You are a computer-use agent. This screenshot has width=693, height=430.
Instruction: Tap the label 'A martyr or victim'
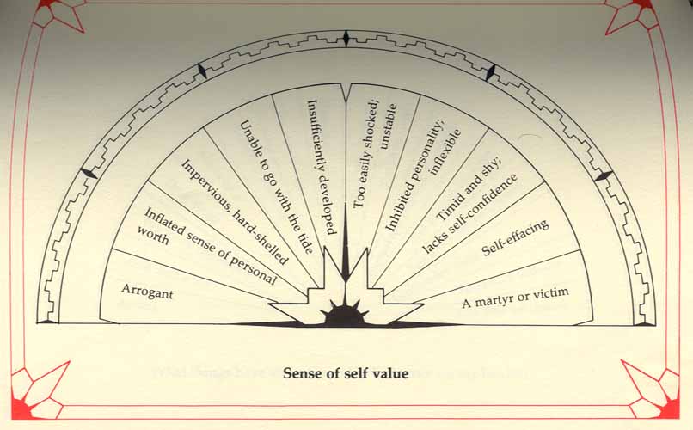(516, 299)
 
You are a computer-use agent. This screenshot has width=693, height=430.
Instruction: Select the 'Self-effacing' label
(515, 237)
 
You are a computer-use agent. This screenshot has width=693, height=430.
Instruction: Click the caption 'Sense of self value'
(346, 374)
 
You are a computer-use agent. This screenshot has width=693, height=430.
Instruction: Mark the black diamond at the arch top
(346, 39)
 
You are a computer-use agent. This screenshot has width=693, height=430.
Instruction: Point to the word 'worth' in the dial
(155, 240)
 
